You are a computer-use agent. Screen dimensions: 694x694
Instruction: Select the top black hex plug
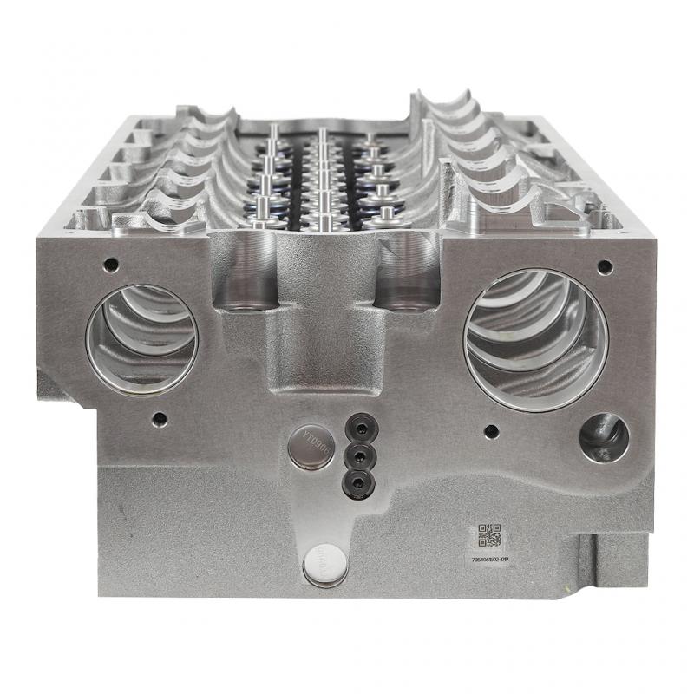click(x=355, y=427)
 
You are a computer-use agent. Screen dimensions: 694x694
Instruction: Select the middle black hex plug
click(x=354, y=454)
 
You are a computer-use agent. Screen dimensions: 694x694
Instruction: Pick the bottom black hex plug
click(x=354, y=479)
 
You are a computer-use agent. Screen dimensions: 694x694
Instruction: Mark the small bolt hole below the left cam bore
click(x=158, y=419)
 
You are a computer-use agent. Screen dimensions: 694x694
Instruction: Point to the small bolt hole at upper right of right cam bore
click(x=605, y=266)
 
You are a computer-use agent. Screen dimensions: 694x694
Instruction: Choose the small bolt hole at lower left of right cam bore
click(x=492, y=429)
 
